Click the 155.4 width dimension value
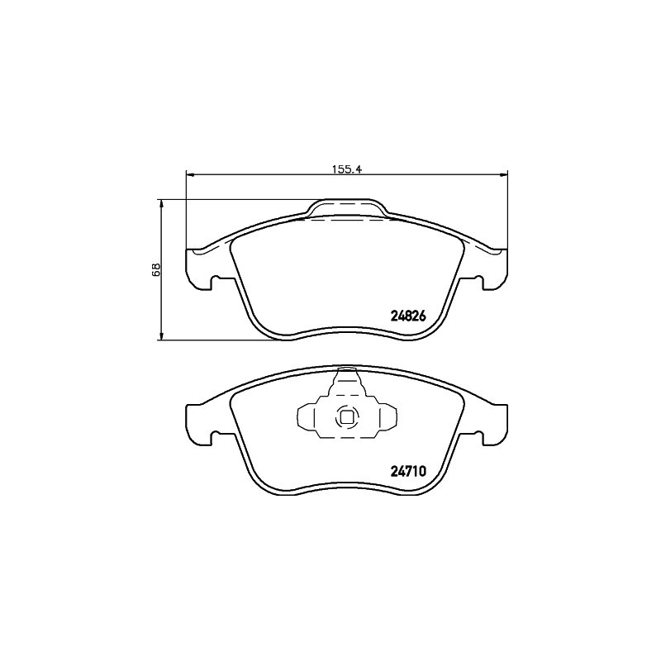tap(347, 169)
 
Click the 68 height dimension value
tap(156, 269)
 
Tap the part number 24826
tap(409, 316)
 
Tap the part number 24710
tap(409, 471)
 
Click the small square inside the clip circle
tap(347, 418)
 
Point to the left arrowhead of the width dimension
tap(189, 174)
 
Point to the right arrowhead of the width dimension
tap(504, 174)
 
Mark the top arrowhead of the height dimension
tap(160, 203)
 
